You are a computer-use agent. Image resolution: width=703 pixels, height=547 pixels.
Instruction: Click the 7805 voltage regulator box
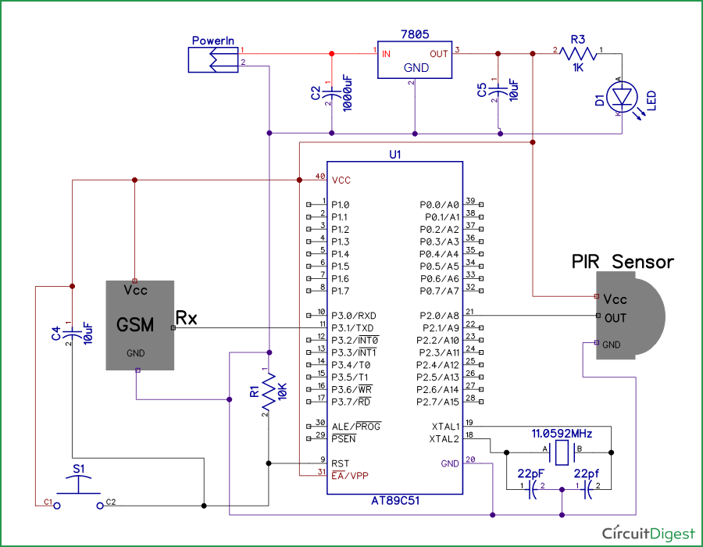416,59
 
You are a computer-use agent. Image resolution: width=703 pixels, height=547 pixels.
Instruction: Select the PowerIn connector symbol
212,59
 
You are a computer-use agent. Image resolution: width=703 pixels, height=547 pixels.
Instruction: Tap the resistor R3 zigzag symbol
579,53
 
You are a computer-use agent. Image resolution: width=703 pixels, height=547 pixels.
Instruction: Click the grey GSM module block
140,324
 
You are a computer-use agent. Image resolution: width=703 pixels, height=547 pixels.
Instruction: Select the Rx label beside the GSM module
186,318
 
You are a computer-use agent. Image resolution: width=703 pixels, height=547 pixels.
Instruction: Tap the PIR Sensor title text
622,261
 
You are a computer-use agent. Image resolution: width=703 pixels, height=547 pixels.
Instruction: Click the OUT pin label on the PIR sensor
616,317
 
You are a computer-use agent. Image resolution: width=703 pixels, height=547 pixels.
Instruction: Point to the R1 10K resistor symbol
268,391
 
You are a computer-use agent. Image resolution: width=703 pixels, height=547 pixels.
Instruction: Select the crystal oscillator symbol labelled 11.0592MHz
561,451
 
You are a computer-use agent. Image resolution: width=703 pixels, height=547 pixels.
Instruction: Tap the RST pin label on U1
340,463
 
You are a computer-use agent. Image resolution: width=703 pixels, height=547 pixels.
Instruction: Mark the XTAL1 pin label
445,427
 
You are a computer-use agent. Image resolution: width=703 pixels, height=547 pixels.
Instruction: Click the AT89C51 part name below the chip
395,501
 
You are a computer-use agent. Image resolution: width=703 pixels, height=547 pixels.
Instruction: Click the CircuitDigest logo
648,533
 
